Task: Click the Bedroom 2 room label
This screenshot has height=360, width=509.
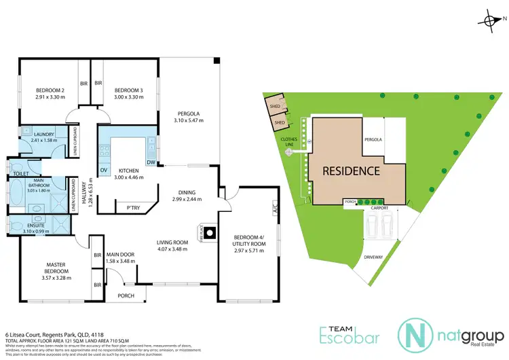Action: click(50, 90)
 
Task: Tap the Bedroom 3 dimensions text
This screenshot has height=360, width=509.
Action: click(128, 97)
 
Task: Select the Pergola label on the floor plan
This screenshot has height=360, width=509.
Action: click(187, 113)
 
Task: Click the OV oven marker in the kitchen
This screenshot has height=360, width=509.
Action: click(104, 170)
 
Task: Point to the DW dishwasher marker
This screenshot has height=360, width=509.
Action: click(151, 162)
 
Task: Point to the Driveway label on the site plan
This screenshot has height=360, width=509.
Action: click(373, 258)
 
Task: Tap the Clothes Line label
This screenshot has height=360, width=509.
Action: click(290, 141)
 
